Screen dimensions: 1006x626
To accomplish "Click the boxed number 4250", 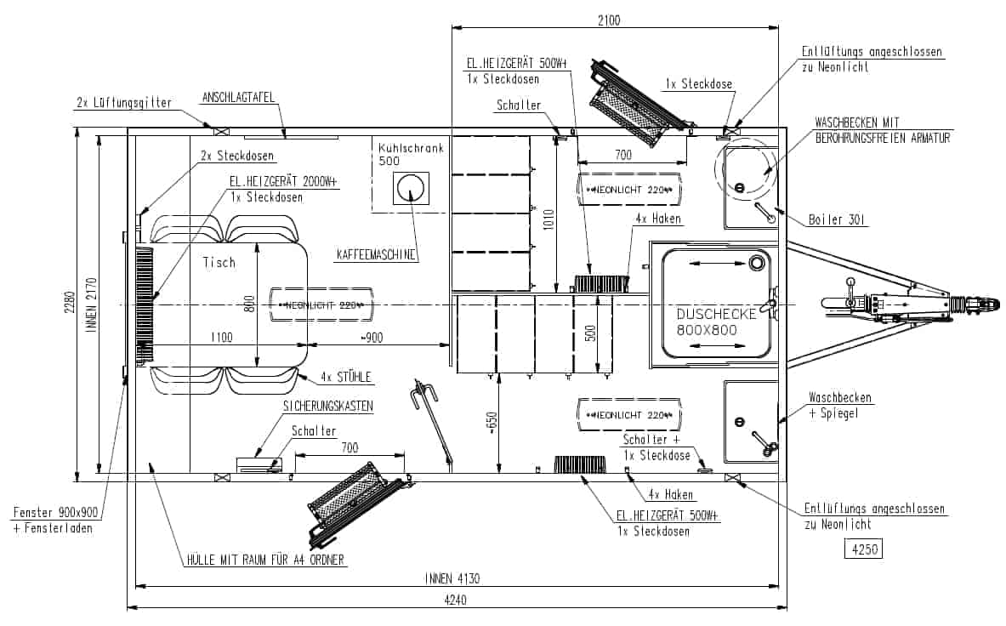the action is (x=864, y=549).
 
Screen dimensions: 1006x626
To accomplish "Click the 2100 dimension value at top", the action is (x=609, y=20).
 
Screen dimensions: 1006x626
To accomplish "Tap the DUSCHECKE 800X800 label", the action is (x=716, y=322).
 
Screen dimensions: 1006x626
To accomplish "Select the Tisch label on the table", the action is (x=219, y=262).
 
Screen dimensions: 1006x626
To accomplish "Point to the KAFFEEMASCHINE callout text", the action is (x=377, y=254).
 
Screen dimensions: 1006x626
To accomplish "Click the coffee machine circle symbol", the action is (x=411, y=189).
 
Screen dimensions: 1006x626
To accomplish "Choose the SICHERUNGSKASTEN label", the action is (x=328, y=406).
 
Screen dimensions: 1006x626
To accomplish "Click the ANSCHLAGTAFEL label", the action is (x=238, y=98).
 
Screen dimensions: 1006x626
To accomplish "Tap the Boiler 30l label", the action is (x=837, y=220).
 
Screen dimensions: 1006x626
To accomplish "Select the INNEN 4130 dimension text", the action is (x=452, y=578).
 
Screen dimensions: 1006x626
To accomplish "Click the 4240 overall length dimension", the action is (x=455, y=600).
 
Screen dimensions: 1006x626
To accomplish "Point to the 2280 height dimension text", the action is (x=70, y=303).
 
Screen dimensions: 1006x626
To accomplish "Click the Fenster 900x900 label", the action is (x=56, y=513).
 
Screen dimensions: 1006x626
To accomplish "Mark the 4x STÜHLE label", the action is (x=346, y=377).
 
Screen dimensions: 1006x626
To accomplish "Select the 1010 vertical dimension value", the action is (x=548, y=220).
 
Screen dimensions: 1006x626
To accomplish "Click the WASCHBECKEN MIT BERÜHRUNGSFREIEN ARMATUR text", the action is (x=882, y=130).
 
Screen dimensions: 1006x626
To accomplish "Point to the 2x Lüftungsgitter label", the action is (x=124, y=103).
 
